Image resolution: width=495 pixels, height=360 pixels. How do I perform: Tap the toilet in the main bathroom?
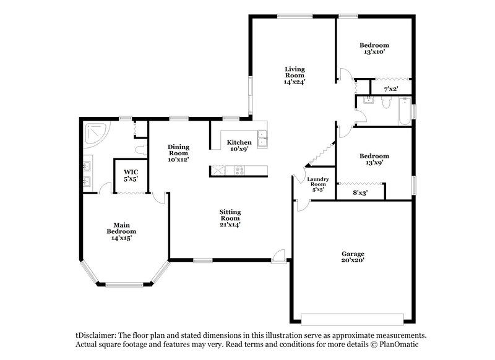[x=142, y=148]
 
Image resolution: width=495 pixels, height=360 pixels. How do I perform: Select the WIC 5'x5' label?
[x=130, y=175]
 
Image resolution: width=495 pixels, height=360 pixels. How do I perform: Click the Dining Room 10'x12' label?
[x=178, y=153]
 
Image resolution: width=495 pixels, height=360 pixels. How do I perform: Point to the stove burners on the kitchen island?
[x=239, y=171]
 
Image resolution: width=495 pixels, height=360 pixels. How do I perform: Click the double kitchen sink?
[x=263, y=137]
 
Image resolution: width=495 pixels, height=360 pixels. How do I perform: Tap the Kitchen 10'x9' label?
[x=238, y=145]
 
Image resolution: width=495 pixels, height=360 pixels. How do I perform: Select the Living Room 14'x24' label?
[x=295, y=75]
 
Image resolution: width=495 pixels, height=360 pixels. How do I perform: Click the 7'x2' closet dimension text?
[x=390, y=89]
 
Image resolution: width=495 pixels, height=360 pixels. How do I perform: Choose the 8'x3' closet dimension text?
[x=359, y=192]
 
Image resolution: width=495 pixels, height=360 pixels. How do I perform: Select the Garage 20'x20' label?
[x=353, y=257]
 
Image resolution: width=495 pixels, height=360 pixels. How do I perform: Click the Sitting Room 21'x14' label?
[x=230, y=218]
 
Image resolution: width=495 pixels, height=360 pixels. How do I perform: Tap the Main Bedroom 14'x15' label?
[x=121, y=231]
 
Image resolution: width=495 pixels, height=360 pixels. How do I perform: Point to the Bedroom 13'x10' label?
[x=374, y=48]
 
